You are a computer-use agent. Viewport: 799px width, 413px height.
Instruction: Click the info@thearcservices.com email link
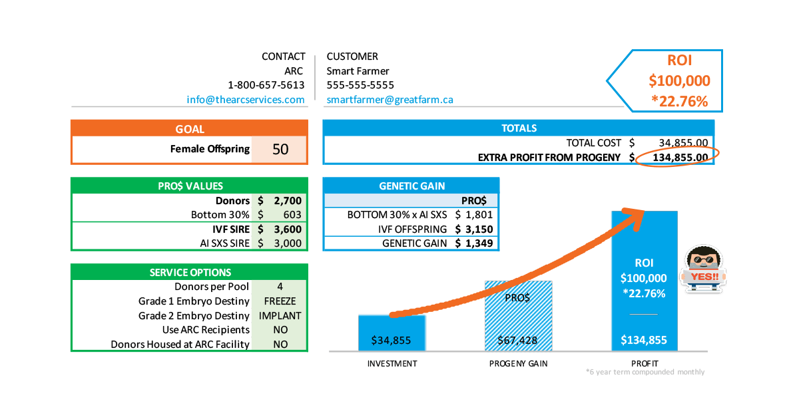coord(246,100)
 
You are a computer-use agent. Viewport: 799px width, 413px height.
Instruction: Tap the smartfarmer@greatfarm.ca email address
coord(390,100)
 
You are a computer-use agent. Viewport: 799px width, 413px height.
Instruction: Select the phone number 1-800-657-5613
coord(266,85)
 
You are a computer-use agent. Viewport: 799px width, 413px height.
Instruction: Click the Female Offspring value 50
coord(280,150)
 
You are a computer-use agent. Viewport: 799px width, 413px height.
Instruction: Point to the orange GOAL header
coord(189,129)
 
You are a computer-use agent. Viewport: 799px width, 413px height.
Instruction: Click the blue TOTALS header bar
coord(518,128)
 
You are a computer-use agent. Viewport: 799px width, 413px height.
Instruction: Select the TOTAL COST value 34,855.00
coord(682,143)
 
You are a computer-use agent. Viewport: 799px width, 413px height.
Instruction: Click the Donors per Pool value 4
coord(280,287)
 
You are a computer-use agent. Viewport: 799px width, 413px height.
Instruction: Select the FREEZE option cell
coord(280,301)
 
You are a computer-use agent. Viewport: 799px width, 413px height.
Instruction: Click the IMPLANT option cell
coord(280,316)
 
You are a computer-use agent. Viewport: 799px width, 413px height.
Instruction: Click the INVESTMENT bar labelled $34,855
coord(392,332)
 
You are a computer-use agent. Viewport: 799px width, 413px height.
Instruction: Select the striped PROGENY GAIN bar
coord(519,316)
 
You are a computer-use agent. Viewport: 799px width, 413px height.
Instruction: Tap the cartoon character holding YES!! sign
coord(704,270)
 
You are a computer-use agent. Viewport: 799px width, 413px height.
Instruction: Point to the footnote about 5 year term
coord(644,372)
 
